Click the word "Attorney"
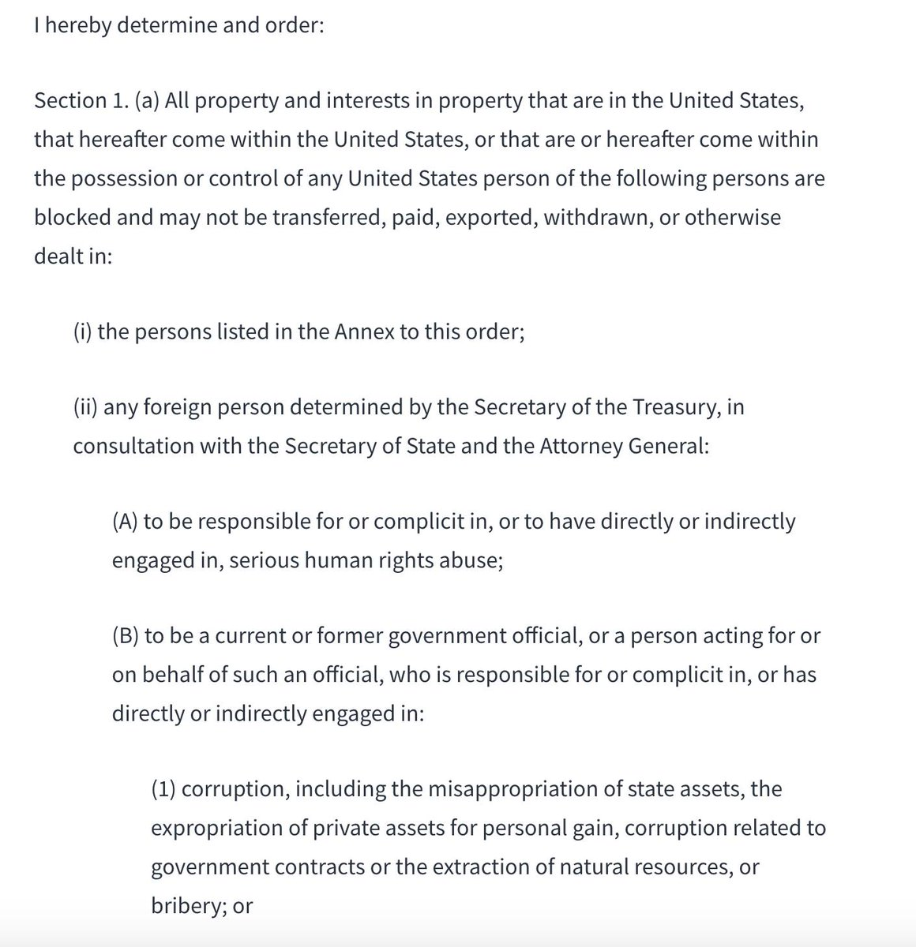coord(580,447)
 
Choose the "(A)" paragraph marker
coord(126,522)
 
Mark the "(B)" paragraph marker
coord(126,637)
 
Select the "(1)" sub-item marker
coord(163,790)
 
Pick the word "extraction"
coord(487,867)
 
